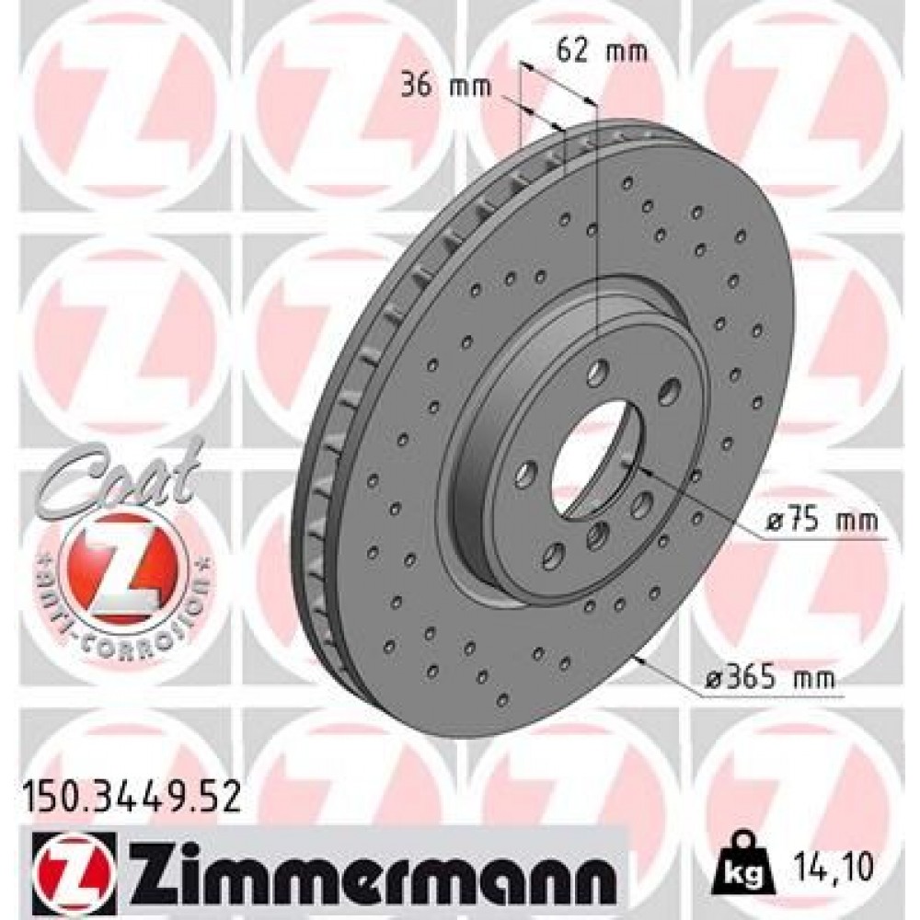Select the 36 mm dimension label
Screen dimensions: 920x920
click(x=446, y=86)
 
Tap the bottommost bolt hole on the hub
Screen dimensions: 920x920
click(x=554, y=554)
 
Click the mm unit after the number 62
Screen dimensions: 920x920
click(x=627, y=51)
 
